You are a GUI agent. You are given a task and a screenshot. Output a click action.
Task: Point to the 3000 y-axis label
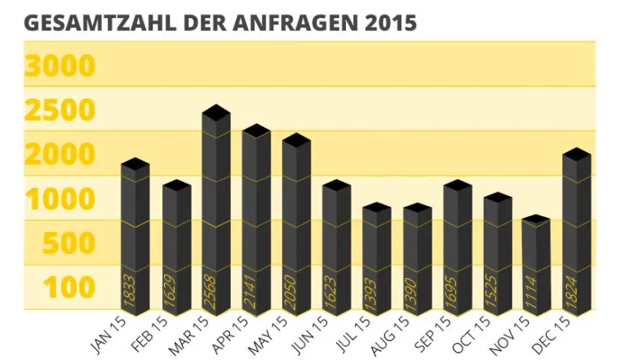tap(60, 65)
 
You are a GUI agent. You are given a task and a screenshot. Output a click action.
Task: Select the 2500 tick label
tap(60, 110)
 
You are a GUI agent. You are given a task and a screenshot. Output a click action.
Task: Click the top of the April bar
tap(256, 131)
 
